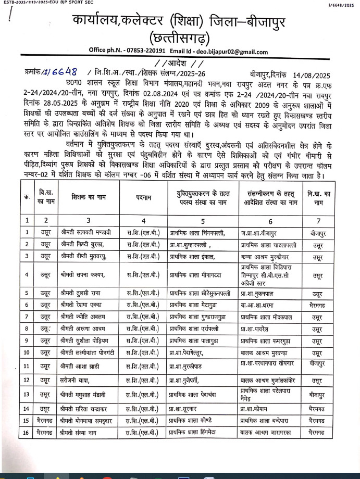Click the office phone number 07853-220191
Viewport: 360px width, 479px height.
coord(145,52)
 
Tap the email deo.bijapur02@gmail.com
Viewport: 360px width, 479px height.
coord(233,52)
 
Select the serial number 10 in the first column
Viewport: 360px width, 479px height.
coord(27,352)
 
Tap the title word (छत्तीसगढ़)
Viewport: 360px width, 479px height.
coord(179,38)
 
